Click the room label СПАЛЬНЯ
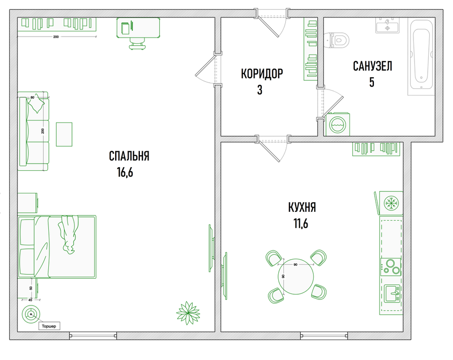pyautogui.click(x=129, y=156)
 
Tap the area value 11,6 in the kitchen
pyautogui.click(x=301, y=223)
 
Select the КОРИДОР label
pyautogui.click(x=262, y=74)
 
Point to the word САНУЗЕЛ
pyautogui.click(x=372, y=66)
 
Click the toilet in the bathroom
pyautogui.click(x=337, y=40)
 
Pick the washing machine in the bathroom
pyautogui.click(x=337, y=124)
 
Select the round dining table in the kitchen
pyautogui.click(x=296, y=277)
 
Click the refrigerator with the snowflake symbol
pyautogui.click(x=391, y=203)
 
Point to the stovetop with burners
pyautogui.click(x=391, y=267)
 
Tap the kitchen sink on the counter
pyautogui.click(x=392, y=293)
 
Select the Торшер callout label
pyautogui.click(x=49, y=326)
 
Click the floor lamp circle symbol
pyautogui.click(x=30, y=314)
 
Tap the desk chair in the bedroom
pyautogui.click(x=137, y=44)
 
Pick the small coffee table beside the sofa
pyautogui.click(x=64, y=134)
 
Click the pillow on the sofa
pyautogui.click(x=36, y=105)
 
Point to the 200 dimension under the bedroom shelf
pyautogui.click(x=56, y=37)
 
